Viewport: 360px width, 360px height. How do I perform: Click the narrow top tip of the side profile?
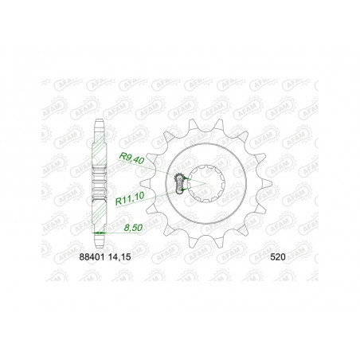pos(99,122)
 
